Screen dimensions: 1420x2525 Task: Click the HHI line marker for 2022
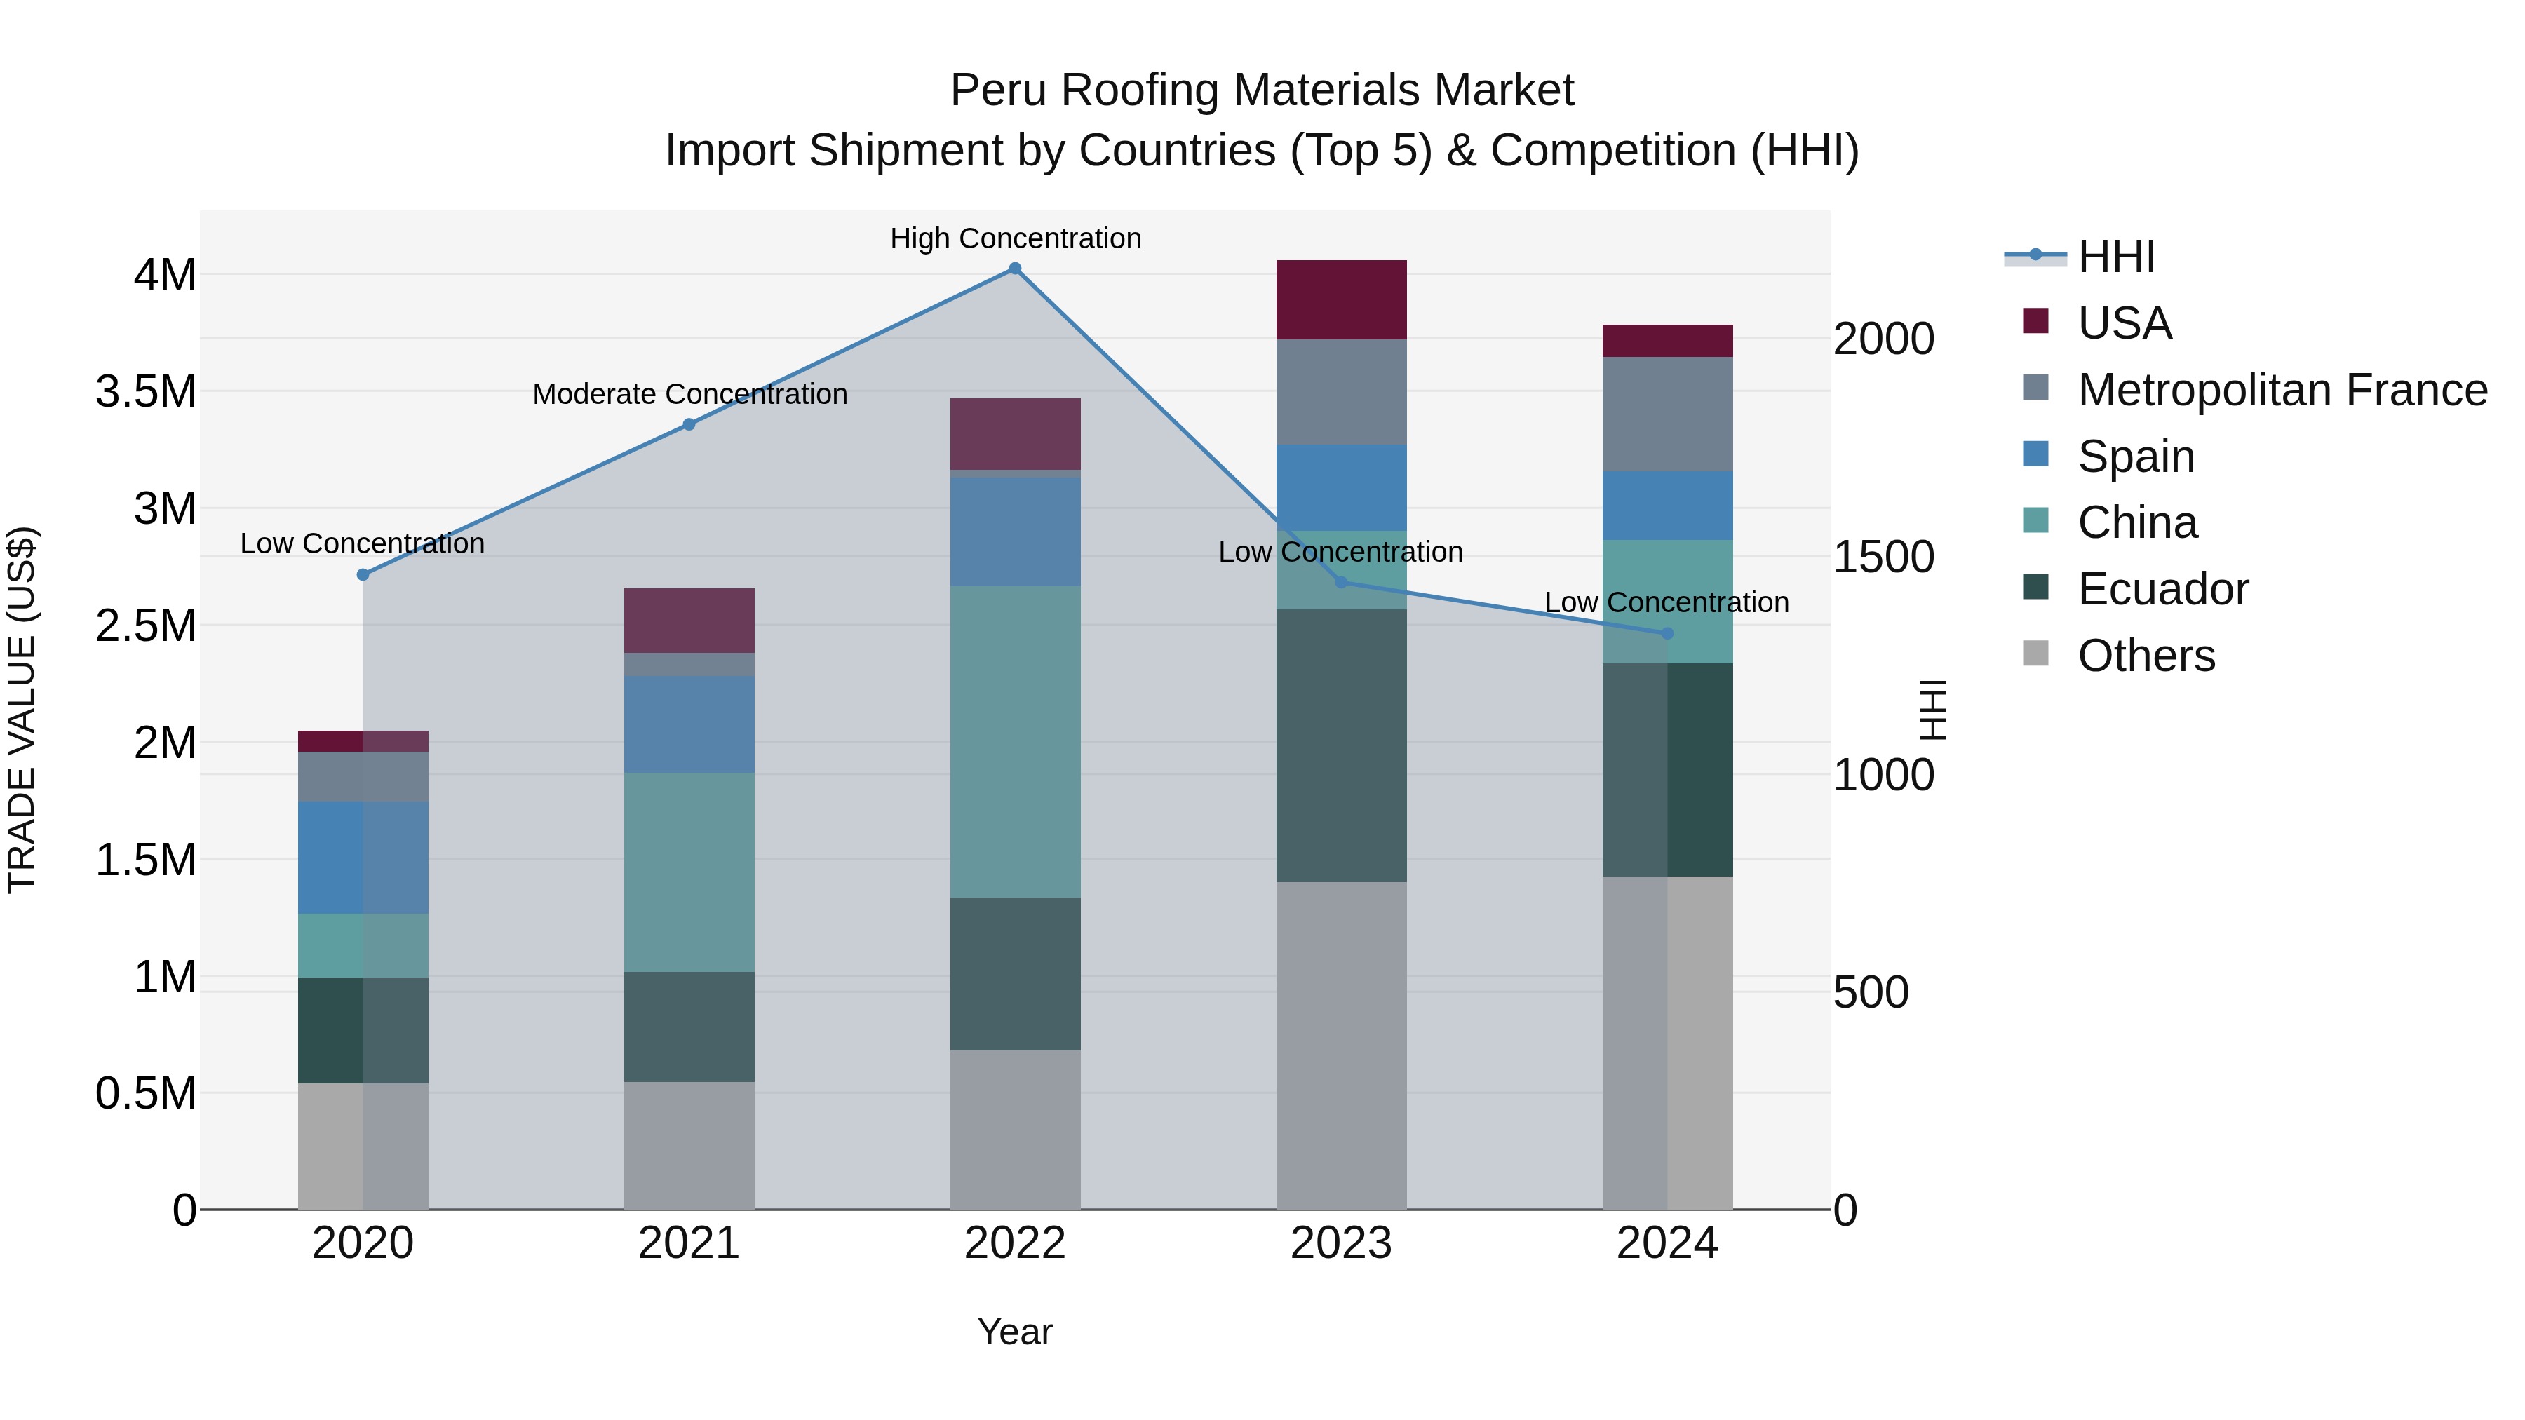pyautogui.click(x=1016, y=269)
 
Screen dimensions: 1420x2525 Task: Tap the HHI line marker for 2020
pyautogui.click(x=363, y=574)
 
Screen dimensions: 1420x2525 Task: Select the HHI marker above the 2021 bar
pyautogui.click(x=689, y=424)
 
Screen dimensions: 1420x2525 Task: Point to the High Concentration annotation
pyautogui.click(x=1016, y=238)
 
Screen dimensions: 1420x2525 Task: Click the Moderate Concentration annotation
pyautogui.click(x=689, y=394)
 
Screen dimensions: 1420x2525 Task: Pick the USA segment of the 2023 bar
pyautogui.click(x=1341, y=300)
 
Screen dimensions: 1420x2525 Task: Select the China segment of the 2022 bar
pyautogui.click(x=1016, y=741)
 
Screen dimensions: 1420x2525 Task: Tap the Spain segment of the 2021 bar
pyautogui.click(x=689, y=724)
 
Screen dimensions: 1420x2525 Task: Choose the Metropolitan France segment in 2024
pyautogui.click(x=1667, y=414)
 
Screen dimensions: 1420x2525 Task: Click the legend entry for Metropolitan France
pyautogui.click(x=2282, y=390)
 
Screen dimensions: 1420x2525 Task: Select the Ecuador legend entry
pyautogui.click(x=2162, y=589)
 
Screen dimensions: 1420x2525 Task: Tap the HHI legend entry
pyautogui.click(x=2115, y=257)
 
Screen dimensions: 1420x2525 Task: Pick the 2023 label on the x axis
pyautogui.click(x=1341, y=1243)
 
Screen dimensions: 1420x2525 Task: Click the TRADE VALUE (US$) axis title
pyautogui.click(x=22, y=710)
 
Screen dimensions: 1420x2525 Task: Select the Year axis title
pyautogui.click(x=1014, y=1332)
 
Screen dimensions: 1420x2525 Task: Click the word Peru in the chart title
pyautogui.click(x=999, y=90)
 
